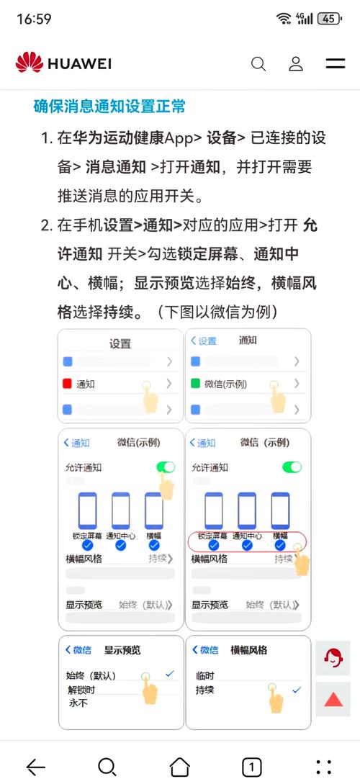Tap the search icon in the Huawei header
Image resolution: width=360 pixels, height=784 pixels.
pos(258,64)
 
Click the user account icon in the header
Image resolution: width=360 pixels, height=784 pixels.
pos(296,64)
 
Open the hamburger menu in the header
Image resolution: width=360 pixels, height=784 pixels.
pos(336,64)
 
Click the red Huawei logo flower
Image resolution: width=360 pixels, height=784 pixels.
pos(29,63)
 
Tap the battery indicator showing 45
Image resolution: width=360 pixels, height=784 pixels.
pos(329,19)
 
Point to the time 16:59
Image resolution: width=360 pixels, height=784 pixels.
pos(34,19)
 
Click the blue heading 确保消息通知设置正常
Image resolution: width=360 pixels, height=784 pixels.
pos(109,107)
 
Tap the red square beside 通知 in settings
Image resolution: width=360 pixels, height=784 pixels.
pos(68,384)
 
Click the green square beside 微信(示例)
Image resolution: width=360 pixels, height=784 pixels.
pos(196,384)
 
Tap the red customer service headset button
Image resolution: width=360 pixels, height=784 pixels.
pos(333,657)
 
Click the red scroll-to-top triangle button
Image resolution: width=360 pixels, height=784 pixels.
pos(333,698)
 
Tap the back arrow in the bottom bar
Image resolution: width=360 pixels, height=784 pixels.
pos(35,767)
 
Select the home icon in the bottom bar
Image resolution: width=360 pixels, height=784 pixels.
pos(179,767)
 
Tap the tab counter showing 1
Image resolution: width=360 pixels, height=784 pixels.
pos(251,767)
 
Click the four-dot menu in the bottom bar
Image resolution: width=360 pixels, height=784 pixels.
pos(324,767)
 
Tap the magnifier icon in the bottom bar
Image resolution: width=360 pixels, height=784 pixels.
pos(107,767)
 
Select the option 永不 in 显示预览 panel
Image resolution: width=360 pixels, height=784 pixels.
pos(78,703)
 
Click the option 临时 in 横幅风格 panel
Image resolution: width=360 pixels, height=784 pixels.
pos(205,676)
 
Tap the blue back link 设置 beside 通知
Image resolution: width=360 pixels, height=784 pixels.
pos(204,341)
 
